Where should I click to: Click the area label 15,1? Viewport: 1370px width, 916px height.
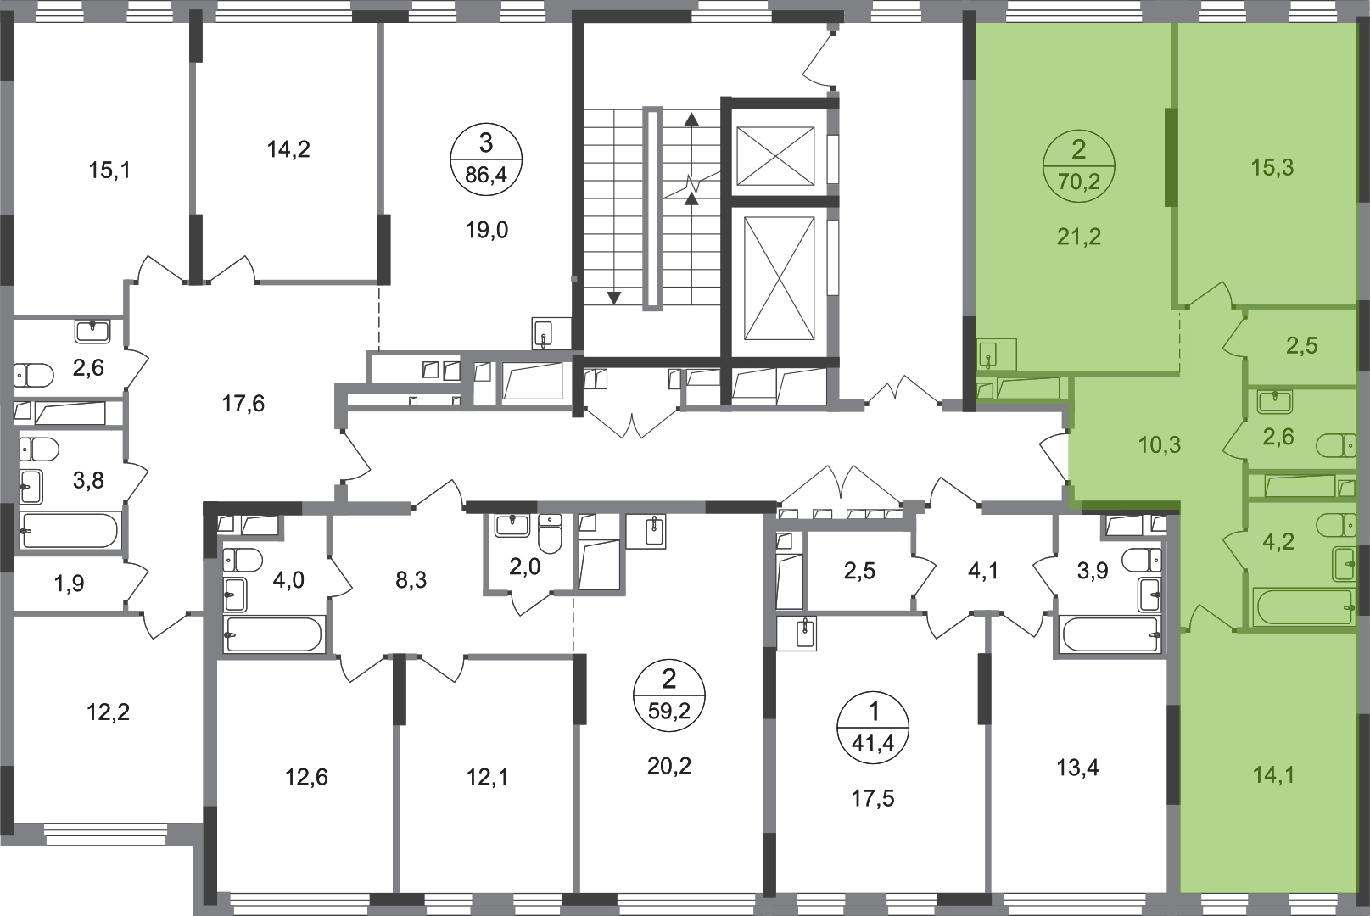coord(109,170)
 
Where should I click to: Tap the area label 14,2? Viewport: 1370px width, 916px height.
coord(288,148)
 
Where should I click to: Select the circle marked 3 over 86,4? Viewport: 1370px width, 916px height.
coord(486,159)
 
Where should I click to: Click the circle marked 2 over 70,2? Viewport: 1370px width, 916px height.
coord(1079,165)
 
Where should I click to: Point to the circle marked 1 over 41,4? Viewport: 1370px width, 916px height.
coord(874,728)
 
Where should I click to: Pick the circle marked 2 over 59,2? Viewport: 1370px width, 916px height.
coord(669,695)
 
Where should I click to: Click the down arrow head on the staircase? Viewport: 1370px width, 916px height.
coord(613,298)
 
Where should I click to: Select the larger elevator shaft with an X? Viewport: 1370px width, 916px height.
coord(780,278)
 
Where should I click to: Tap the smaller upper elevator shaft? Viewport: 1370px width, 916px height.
coord(775,155)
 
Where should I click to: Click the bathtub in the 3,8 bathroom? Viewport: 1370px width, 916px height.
coord(69,530)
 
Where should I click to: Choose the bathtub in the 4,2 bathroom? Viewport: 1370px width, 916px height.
coord(1304,607)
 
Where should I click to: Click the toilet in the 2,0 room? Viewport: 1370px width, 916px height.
coord(551,533)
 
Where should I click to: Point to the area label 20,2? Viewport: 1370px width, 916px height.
coord(669,766)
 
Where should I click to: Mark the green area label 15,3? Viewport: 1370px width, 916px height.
coord(1272,167)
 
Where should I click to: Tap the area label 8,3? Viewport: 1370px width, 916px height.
coord(411,579)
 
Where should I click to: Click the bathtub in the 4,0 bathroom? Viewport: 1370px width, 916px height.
coord(273,634)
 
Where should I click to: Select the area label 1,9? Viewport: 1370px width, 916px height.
coord(69,584)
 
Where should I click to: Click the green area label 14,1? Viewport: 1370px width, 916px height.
coord(1273,775)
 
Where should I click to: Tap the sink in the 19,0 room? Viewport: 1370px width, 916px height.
coord(544,333)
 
